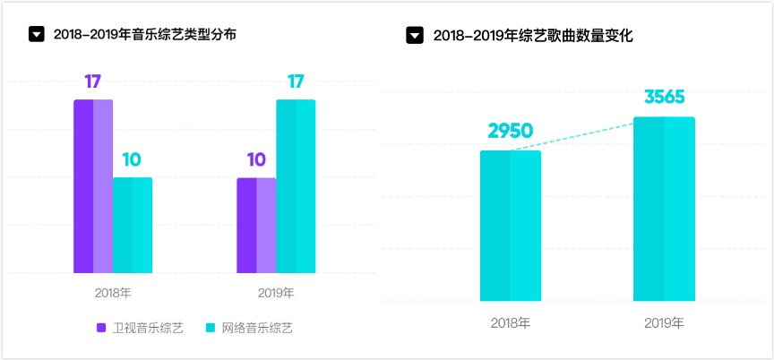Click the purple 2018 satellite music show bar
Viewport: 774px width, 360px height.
pos(93,186)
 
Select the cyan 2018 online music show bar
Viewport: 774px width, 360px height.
pos(133,225)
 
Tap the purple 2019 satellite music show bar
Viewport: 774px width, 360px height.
pos(256,225)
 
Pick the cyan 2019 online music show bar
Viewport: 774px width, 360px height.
pos(296,186)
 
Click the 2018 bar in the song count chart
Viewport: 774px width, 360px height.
pos(511,226)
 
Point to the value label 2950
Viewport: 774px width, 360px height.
pos(511,131)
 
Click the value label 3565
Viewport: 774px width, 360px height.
pos(664,98)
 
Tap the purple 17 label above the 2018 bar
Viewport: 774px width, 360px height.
pos(93,81)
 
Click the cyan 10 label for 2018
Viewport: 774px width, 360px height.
pos(132,159)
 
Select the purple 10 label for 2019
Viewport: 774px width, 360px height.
pos(256,159)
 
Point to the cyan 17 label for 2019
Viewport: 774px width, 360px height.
pos(296,81)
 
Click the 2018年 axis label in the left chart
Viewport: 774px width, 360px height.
pos(113,293)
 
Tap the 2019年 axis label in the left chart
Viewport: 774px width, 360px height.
pos(276,293)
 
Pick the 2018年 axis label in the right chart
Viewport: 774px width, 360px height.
pos(511,322)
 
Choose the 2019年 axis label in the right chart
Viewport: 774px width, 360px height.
pos(664,322)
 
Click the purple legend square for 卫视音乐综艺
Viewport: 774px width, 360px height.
pos(101,328)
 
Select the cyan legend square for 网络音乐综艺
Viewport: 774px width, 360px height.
pos(211,328)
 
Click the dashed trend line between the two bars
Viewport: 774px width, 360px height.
pos(587,134)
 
